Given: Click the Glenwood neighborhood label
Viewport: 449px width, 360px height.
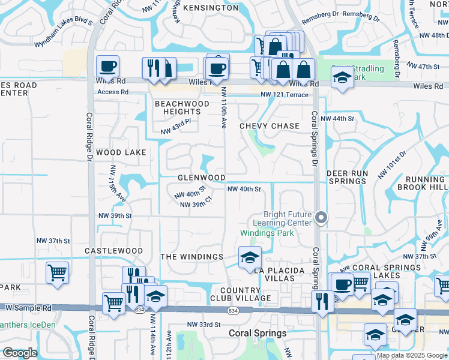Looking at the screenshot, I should (x=202, y=178).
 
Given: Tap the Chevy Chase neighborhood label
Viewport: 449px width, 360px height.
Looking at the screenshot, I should (x=269, y=126).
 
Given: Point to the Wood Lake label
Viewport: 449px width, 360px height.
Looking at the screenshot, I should (x=121, y=152).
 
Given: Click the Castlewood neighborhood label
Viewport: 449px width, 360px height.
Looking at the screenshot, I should (x=114, y=251).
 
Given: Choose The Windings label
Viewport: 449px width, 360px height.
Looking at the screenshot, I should (x=192, y=257).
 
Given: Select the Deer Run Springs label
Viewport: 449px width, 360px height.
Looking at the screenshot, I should (x=347, y=177).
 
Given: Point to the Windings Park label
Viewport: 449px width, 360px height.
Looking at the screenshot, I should (x=267, y=233).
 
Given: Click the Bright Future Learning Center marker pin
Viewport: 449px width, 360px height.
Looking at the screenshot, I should (x=322, y=218).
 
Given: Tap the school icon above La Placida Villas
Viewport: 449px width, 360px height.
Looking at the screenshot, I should (x=250, y=258).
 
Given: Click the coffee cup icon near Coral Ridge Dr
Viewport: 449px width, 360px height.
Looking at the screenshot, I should (x=107, y=66).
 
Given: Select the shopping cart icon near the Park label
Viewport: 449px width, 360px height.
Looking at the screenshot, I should (x=57, y=273).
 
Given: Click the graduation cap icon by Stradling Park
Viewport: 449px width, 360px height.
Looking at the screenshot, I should (x=342, y=77).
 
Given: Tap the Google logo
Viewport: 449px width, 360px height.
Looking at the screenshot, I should (x=20, y=353).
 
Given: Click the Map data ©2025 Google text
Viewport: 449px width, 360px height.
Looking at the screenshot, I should (x=411, y=355).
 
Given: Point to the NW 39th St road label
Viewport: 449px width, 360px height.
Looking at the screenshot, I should (x=114, y=216).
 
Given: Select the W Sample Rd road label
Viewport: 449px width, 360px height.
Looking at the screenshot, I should (x=29, y=307).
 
